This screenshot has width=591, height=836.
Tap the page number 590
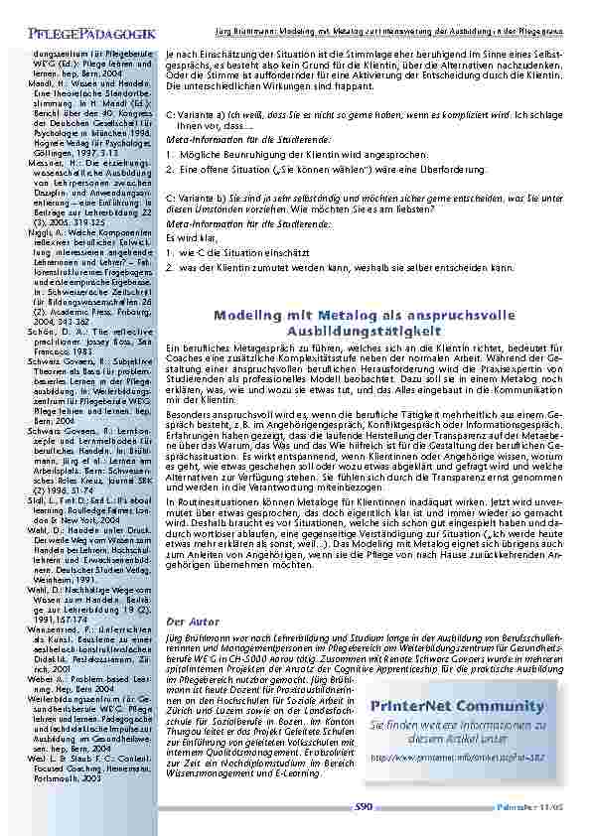(366, 807)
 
